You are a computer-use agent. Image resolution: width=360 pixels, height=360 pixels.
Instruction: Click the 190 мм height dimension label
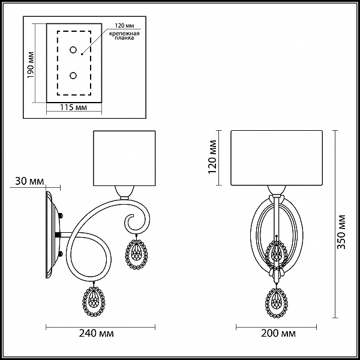pos(31,65)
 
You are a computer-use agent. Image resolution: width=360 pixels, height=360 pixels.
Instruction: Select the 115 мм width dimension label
pos(73,107)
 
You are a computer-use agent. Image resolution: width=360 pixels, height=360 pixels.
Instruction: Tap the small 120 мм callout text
pos(124,25)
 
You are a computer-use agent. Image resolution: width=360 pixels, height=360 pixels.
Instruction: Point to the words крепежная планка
pos(124,35)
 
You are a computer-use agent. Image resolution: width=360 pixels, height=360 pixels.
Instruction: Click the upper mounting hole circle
pos(73,50)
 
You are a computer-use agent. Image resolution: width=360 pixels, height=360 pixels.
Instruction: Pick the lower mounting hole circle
pos(73,76)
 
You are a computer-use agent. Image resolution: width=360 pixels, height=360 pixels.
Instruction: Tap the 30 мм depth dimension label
pos(29,181)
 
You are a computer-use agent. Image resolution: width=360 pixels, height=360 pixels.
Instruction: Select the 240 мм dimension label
pos(97,333)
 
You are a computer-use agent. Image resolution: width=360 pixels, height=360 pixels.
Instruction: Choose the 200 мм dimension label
pos(278,333)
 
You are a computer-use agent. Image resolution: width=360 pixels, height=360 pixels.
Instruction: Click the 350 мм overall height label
pos(341,232)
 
